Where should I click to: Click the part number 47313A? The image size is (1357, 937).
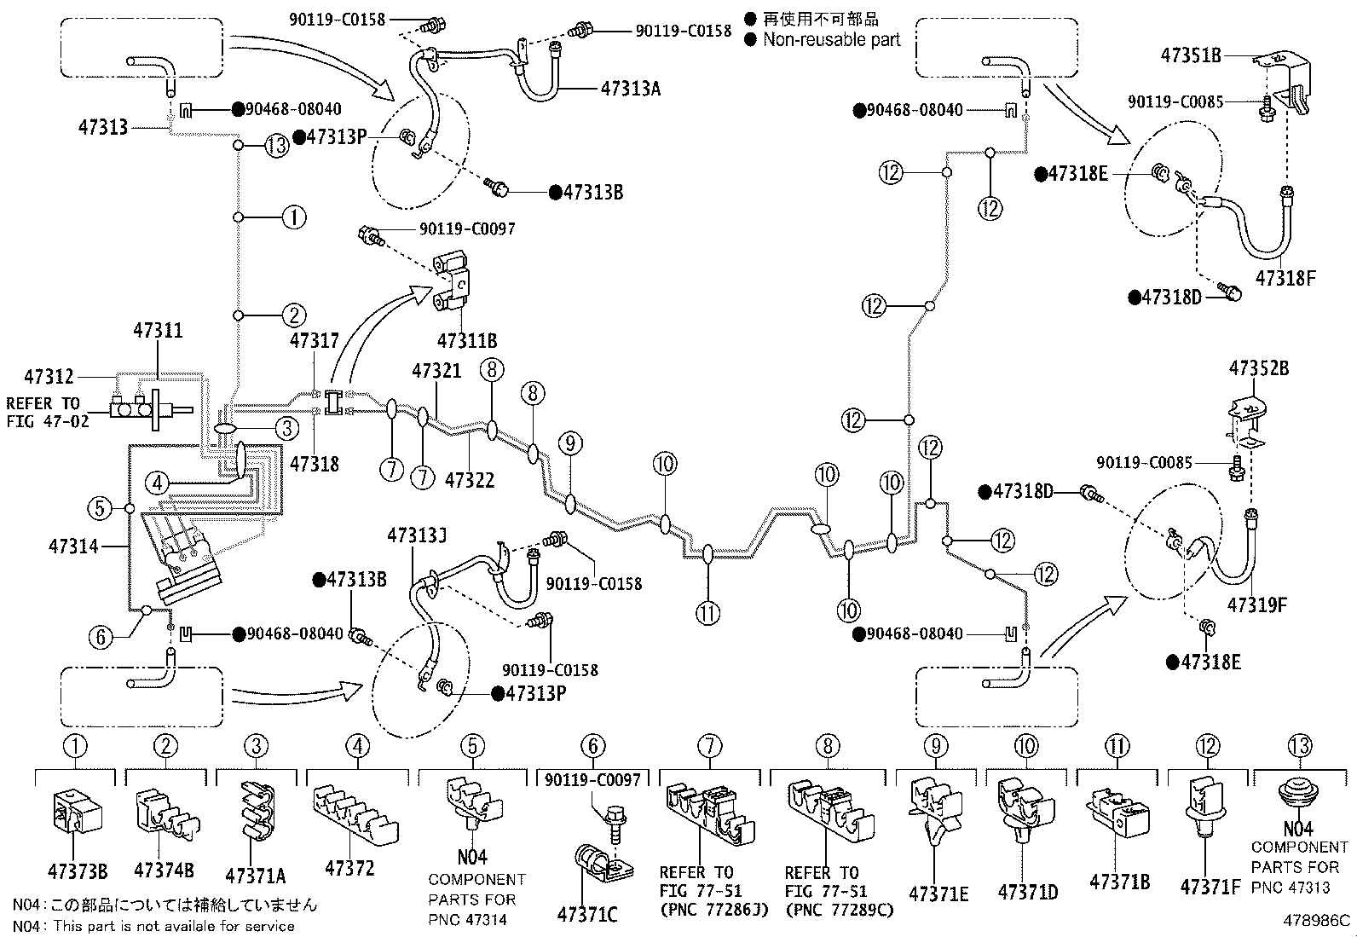click(x=631, y=89)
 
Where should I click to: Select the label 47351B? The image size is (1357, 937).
click(x=1191, y=55)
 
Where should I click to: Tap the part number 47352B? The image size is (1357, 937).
click(x=1259, y=367)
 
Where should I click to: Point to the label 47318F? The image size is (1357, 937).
click(x=1285, y=278)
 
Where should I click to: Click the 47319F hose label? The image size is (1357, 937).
click(x=1257, y=604)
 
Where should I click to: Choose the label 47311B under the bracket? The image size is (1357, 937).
click(x=467, y=341)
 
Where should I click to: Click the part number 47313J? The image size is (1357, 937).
click(x=417, y=535)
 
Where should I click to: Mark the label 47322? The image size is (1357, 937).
click(x=470, y=480)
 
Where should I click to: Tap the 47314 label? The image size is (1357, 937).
click(x=73, y=546)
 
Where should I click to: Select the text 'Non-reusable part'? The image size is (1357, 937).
click(x=831, y=40)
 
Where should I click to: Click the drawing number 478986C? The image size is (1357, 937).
click(x=1317, y=921)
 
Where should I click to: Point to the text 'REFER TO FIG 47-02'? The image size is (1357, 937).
click(x=47, y=412)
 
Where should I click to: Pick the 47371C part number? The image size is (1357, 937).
click(x=587, y=915)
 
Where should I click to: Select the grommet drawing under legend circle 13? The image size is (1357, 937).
click(x=1297, y=799)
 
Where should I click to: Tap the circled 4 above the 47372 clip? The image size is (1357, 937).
click(x=357, y=745)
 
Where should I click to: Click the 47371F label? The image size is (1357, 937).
click(x=1210, y=887)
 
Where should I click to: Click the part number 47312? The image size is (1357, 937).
click(x=49, y=376)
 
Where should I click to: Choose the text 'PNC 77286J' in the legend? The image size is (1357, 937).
click(x=713, y=910)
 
